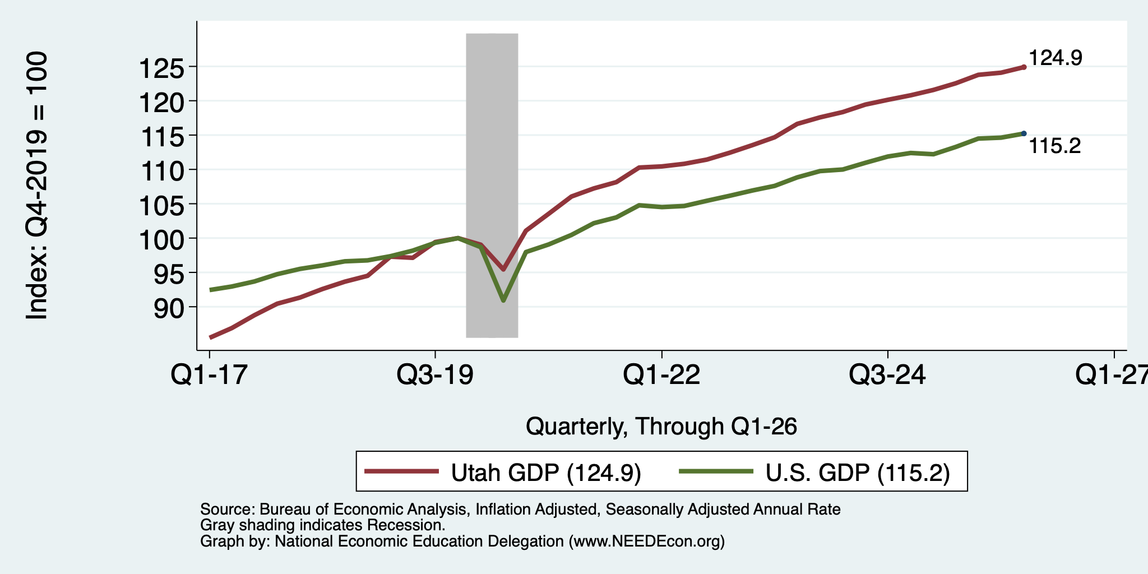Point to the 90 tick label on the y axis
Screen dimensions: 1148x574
point(169,309)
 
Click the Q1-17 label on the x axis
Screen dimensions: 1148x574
point(209,375)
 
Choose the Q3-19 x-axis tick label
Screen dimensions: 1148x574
point(435,375)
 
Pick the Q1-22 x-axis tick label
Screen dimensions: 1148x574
point(661,375)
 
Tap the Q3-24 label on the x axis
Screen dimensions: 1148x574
point(888,375)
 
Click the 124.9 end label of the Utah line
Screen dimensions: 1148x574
point(1056,58)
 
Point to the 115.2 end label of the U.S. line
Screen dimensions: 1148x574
point(1055,146)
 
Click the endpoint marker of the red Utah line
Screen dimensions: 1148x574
point(1024,67)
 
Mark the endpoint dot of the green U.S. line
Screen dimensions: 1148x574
point(1024,133)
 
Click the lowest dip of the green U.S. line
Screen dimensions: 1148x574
point(503,300)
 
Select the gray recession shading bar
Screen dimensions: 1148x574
point(492,186)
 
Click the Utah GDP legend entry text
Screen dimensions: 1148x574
point(546,473)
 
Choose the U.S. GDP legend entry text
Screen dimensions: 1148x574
point(858,473)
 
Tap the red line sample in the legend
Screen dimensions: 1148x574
point(401,472)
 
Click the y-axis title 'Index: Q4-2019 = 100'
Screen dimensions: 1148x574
point(37,186)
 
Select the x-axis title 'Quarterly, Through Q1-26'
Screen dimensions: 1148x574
point(661,427)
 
